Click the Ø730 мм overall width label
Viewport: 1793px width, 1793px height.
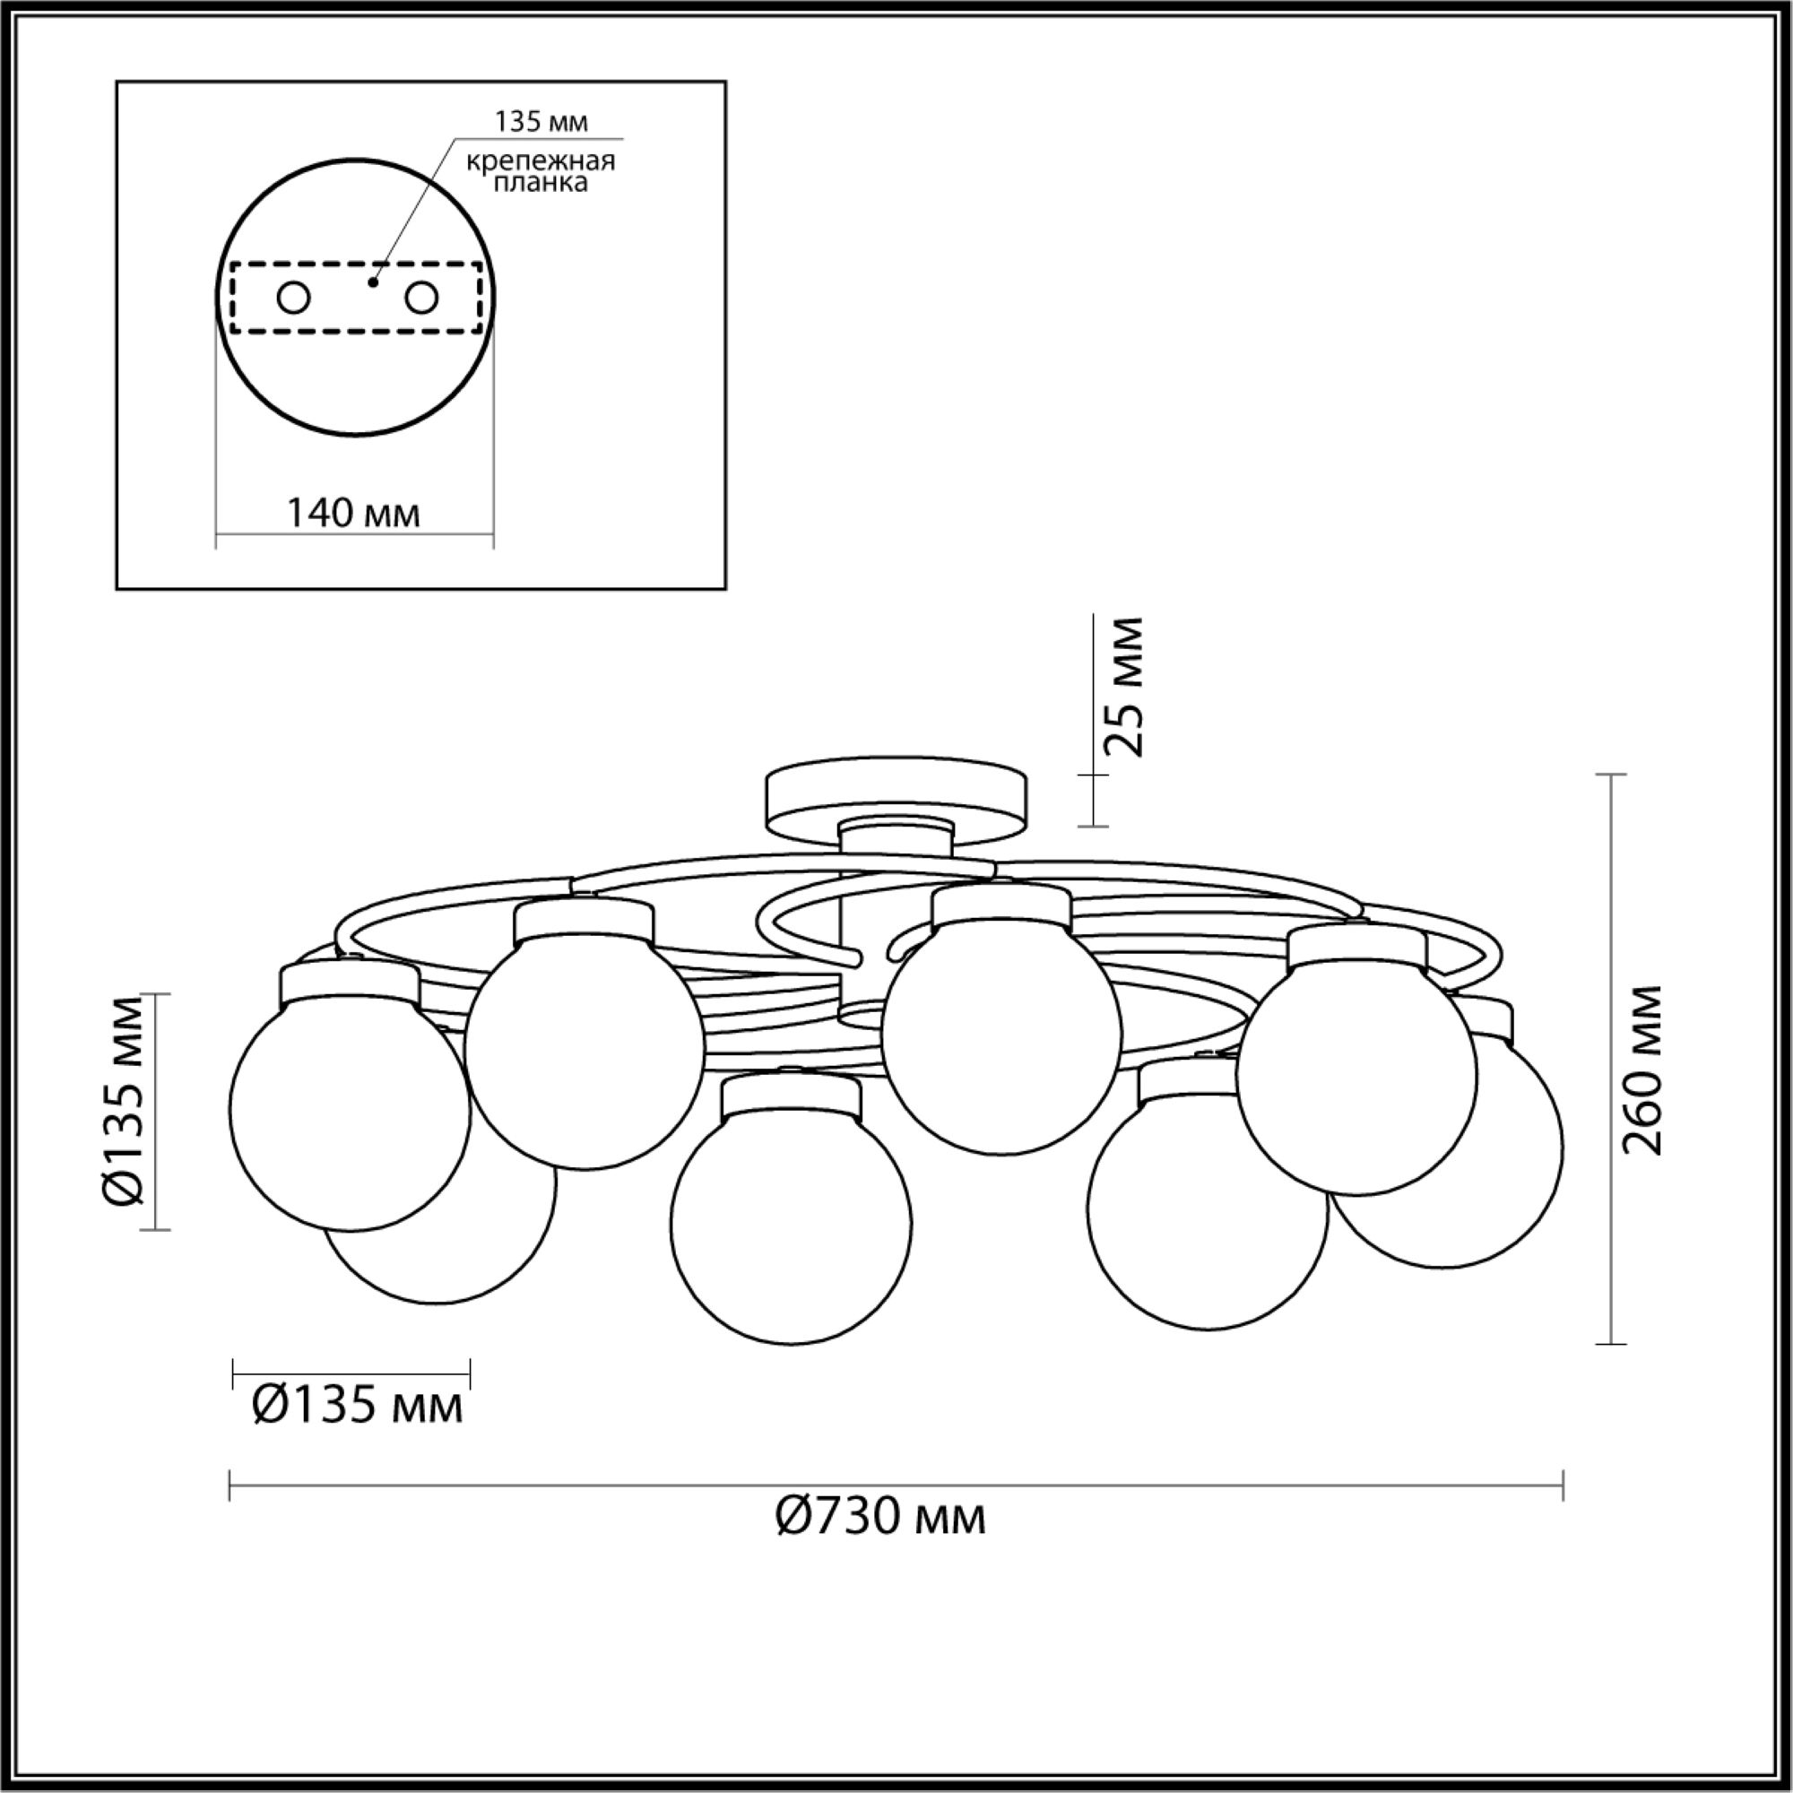pyautogui.click(x=880, y=1518)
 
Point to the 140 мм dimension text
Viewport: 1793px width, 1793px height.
pyautogui.click(x=352, y=511)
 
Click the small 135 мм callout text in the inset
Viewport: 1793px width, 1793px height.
pyautogui.click(x=541, y=122)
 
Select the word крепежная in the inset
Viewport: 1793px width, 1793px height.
pyautogui.click(x=541, y=161)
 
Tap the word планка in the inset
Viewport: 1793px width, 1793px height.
pyautogui.click(x=541, y=183)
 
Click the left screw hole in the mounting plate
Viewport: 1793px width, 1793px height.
pyautogui.click(x=293, y=298)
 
